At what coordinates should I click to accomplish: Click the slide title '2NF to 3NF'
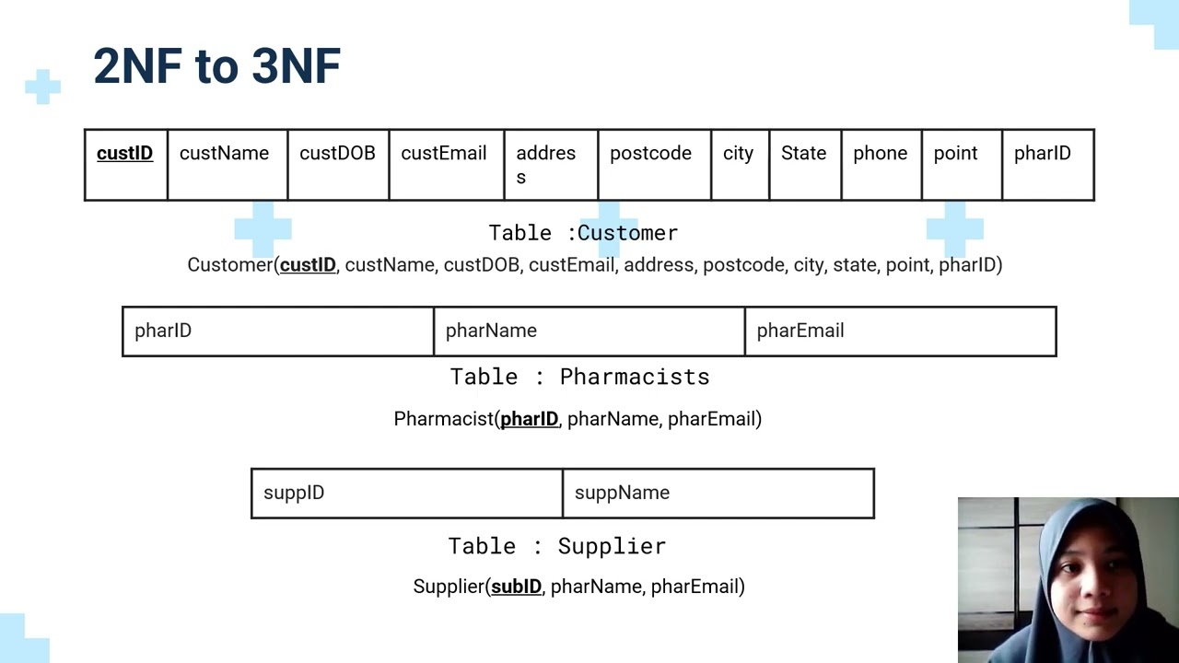(x=217, y=66)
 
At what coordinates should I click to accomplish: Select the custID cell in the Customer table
(x=125, y=164)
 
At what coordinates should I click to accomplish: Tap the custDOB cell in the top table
(x=337, y=164)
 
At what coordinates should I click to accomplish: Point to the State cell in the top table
(x=804, y=164)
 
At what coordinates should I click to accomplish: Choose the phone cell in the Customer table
(x=881, y=164)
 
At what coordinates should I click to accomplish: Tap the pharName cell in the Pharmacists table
(x=589, y=331)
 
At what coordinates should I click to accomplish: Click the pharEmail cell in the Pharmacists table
(x=900, y=331)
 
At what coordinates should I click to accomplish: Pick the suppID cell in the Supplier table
(x=406, y=494)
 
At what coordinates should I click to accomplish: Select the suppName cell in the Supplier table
(x=718, y=494)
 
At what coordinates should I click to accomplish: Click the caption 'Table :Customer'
(x=583, y=233)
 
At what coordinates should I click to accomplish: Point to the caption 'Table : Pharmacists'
(x=579, y=377)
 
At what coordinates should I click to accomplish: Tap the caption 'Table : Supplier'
(x=556, y=546)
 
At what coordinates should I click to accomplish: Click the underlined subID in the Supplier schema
(x=516, y=587)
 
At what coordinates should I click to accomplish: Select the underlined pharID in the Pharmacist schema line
(x=529, y=419)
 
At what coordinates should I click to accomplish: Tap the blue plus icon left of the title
(x=42, y=87)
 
